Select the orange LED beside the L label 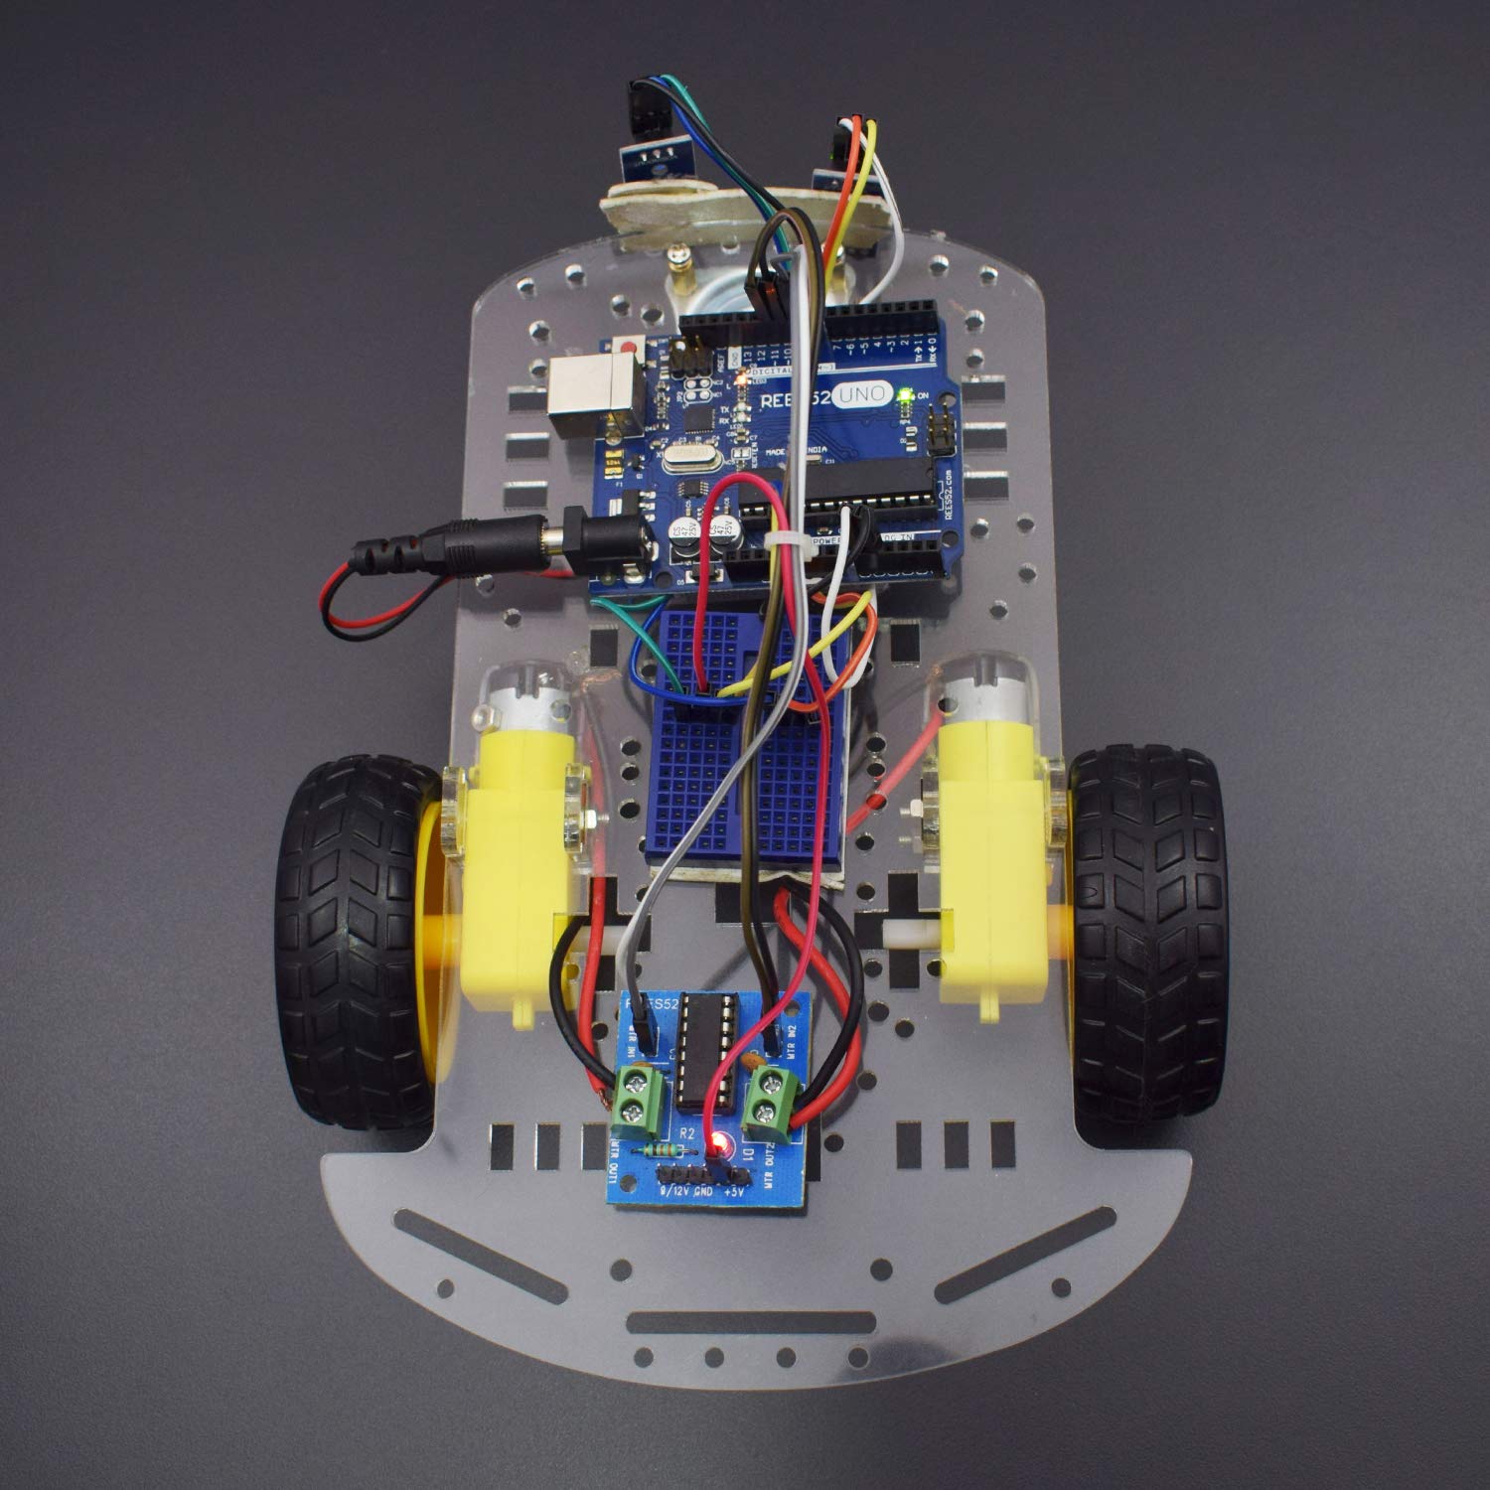[740, 378]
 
